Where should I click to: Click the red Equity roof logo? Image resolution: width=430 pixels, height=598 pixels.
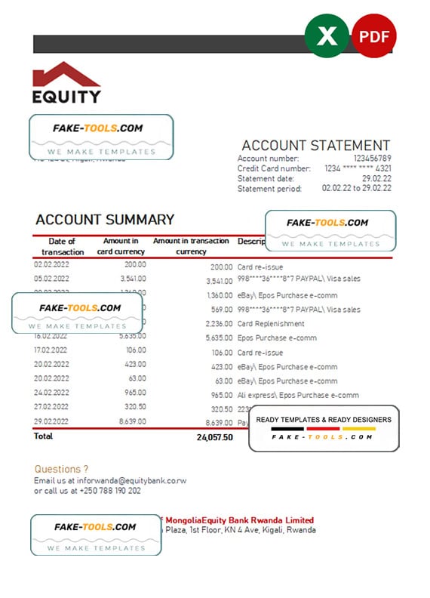[x=66, y=76]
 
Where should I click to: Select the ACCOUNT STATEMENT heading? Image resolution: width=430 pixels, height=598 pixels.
[x=315, y=146]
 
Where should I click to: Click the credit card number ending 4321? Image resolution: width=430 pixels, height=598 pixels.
[x=358, y=168]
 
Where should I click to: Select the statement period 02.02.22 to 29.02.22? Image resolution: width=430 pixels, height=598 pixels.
[x=356, y=188]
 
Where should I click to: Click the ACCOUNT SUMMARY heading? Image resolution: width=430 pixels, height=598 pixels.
[x=105, y=220]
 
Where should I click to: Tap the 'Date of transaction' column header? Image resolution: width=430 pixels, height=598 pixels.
[x=63, y=246]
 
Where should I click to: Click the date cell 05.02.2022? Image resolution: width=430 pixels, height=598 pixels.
[x=51, y=279]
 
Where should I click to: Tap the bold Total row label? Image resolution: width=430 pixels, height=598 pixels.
[x=43, y=436]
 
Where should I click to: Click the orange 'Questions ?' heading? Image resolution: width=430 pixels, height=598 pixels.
[x=61, y=469]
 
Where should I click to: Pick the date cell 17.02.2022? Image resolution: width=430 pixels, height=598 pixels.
[x=51, y=350]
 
